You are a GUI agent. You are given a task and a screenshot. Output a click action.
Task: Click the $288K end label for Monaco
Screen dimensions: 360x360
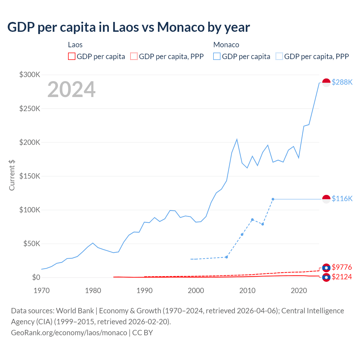point(342,82)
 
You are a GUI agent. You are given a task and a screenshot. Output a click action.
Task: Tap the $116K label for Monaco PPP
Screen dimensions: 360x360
point(342,199)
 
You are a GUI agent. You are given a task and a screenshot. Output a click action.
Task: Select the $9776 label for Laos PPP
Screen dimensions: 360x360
point(342,267)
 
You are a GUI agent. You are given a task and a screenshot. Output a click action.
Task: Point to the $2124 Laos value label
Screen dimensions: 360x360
point(342,277)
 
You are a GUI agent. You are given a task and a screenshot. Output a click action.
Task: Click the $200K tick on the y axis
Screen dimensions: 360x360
point(30,142)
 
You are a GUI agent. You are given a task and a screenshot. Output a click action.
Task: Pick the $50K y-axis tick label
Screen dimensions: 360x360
point(32,244)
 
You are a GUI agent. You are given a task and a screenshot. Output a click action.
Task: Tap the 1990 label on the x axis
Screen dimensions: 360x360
point(145,291)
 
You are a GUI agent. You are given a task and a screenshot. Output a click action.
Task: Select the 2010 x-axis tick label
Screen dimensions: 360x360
point(247,291)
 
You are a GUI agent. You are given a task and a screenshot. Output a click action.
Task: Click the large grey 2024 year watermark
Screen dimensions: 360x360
point(71,89)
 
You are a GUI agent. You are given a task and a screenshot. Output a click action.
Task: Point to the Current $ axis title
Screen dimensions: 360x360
point(12,175)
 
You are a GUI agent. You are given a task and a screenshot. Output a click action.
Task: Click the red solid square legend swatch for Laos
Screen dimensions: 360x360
point(72,56)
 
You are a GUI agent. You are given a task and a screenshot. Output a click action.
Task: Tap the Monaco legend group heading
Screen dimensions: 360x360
point(226,45)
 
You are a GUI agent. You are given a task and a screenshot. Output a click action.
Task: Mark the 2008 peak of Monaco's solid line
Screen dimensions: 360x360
point(237,139)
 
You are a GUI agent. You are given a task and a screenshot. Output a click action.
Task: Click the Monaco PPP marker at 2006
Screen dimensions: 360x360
point(226,257)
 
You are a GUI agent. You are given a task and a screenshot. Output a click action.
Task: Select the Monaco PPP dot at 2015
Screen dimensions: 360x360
point(273,199)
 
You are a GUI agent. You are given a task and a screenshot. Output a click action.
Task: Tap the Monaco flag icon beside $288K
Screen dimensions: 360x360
point(326,83)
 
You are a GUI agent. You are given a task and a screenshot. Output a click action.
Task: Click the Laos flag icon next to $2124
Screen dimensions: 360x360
point(326,277)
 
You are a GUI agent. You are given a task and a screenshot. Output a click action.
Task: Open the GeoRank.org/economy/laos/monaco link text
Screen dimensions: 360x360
point(69,332)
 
